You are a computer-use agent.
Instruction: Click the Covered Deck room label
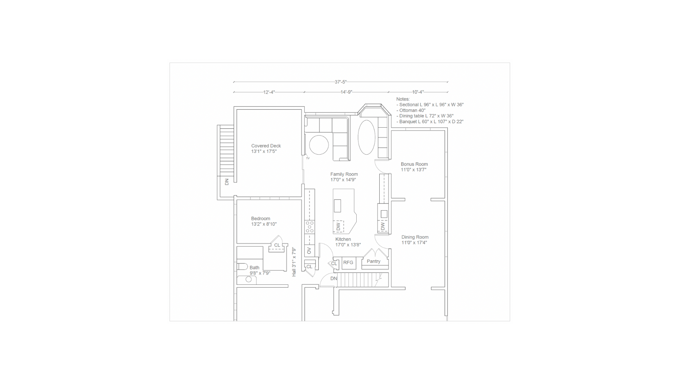coord(266,146)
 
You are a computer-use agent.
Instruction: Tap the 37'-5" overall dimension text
coord(341,82)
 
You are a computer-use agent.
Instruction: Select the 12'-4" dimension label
coord(269,92)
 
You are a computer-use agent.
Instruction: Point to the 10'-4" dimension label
coord(418,92)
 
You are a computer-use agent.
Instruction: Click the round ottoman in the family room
coord(319,145)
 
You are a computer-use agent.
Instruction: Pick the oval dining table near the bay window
coord(367,137)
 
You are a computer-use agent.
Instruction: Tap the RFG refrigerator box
coord(348,263)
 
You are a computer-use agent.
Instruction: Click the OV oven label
coord(309,251)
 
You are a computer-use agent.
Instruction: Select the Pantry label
coord(374,261)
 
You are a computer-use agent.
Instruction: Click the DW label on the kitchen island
coord(338,226)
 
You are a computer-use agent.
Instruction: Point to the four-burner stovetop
coord(310,227)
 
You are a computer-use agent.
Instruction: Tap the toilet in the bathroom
coord(242,266)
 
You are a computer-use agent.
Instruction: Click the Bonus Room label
coord(414,164)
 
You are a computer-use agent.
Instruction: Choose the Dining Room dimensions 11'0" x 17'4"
coord(414,243)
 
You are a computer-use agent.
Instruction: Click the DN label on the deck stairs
coord(227,182)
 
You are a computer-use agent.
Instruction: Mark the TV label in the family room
coord(308,158)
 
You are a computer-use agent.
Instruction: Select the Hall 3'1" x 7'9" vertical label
coord(294,262)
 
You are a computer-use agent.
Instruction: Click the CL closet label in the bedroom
coord(277,245)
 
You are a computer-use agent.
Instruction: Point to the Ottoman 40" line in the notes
coord(411,110)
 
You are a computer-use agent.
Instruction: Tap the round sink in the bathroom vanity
coord(249,279)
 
